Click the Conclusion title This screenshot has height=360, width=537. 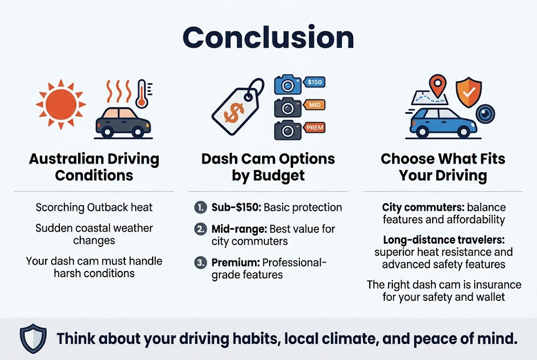(268, 38)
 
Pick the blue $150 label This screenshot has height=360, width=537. (315, 82)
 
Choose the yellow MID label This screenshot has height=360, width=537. (315, 105)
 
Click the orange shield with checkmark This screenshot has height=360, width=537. (469, 92)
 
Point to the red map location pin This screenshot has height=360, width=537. (437, 86)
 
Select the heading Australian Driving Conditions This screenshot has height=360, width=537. (94, 167)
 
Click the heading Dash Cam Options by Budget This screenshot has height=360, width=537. (268, 167)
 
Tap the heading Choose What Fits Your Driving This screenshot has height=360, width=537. (443, 167)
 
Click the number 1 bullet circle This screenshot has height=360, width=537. (200, 208)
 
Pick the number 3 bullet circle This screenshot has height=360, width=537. (200, 263)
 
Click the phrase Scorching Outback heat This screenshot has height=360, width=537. (94, 208)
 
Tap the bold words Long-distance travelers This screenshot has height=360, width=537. (443, 240)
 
